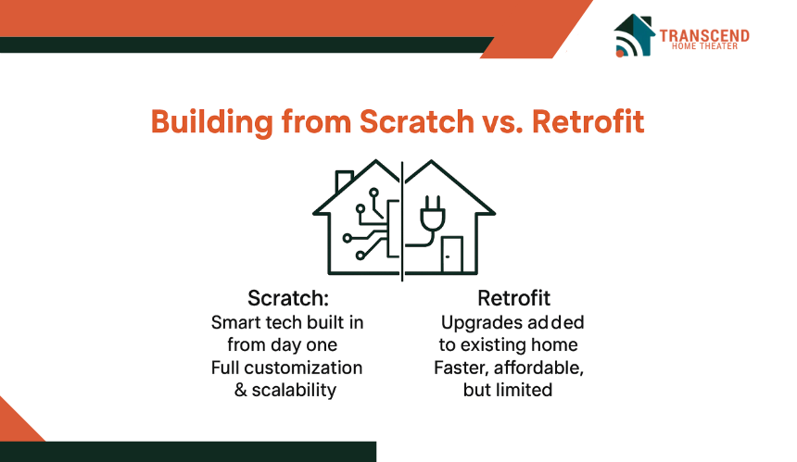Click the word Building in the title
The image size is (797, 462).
click(212, 122)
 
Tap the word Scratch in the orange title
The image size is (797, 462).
click(417, 121)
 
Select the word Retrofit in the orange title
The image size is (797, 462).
click(588, 121)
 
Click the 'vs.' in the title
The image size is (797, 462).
click(502, 125)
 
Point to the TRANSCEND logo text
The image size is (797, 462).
click(704, 35)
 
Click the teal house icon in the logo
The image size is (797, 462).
click(634, 35)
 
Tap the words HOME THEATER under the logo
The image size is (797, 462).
click(704, 46)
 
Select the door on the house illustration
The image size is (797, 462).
click(452, 255)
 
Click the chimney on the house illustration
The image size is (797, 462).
click(344, 181)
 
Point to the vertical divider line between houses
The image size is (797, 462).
click(402, 221)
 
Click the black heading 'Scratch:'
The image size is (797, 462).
click(288, 298)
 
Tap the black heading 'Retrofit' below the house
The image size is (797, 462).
click(514, 298)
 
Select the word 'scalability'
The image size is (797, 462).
click(294, 390)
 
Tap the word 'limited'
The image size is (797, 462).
click(525, 390)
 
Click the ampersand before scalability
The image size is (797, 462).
click(240, 390)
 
